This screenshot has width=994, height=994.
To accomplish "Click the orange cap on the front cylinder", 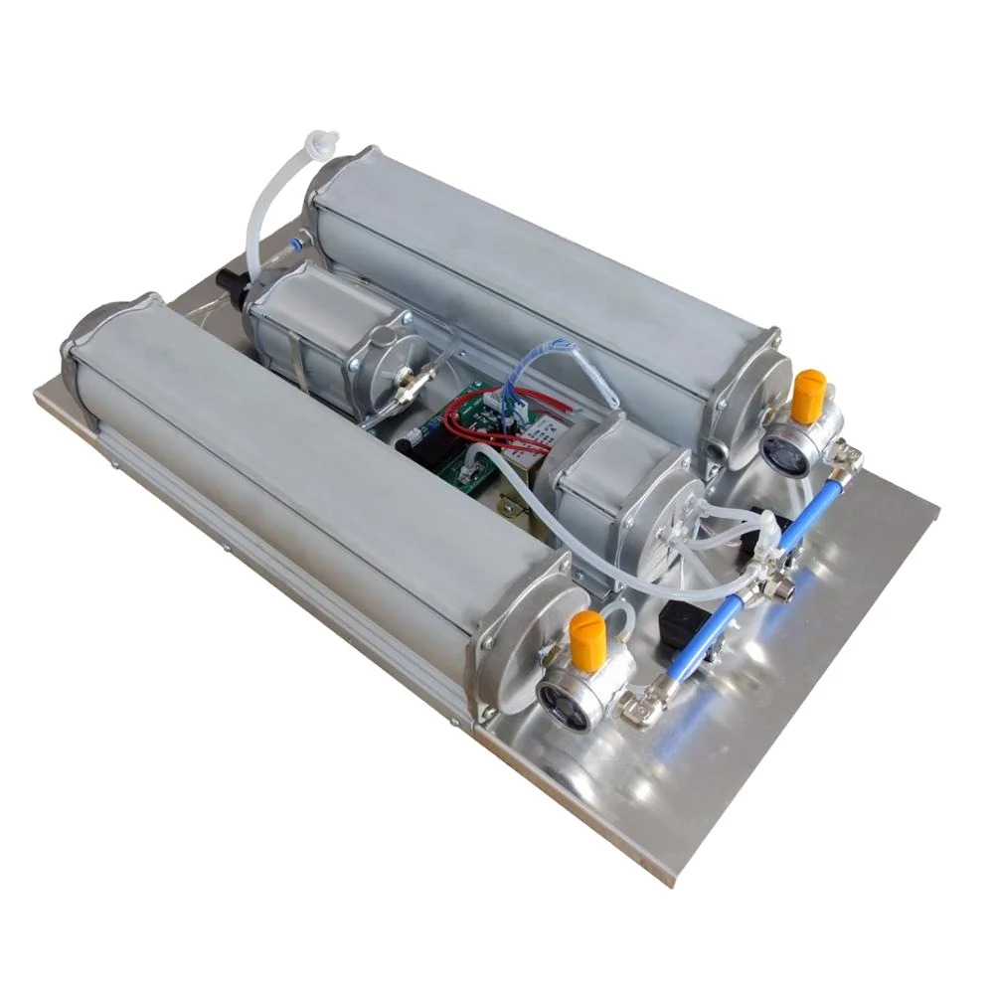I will tap(587, 639).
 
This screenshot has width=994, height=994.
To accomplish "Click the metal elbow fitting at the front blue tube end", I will tap(636, 707).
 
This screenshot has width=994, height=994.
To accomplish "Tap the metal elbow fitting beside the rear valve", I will tap(847, 457).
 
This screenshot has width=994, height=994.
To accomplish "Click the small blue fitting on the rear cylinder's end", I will tap(295, 241).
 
